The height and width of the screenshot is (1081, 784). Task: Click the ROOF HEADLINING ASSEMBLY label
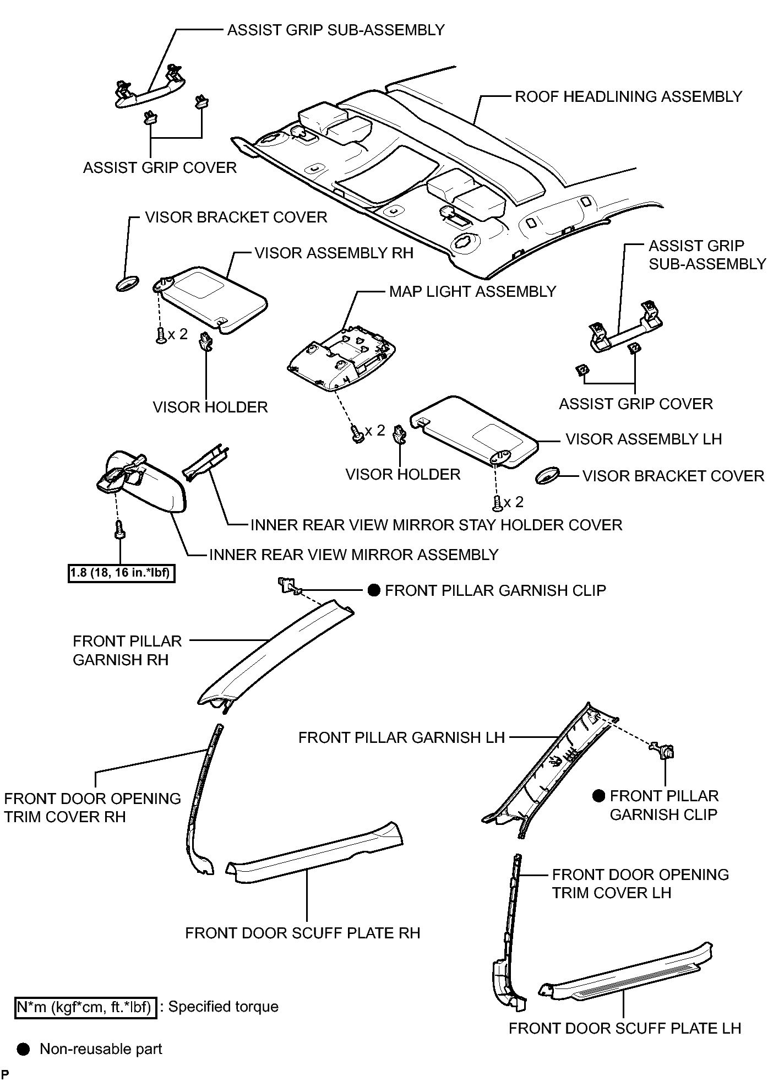pyautogui.click(x=628, y=97)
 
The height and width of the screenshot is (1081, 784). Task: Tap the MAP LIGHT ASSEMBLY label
pyautogui.click(x=472, y=291)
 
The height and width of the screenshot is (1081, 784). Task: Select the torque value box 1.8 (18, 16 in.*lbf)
pyautogui.click(x=122, y=574)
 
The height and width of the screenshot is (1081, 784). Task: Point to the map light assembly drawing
pyautogui.click(x=341, y=358)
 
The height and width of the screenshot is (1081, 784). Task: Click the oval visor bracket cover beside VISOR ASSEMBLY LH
pyautogui.click(x=548, y=475)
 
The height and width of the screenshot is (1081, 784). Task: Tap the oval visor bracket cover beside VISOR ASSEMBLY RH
pyautogui.click(x=128, y=284)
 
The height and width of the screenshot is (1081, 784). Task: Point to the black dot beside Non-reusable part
pyautogui.click(x=23, y=1049)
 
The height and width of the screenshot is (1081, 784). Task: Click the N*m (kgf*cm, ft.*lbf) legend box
pyautogui.click(x=86, y=1007)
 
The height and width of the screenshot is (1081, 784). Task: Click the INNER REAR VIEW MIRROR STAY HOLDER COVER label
pyautogui.click(x=436, y=525)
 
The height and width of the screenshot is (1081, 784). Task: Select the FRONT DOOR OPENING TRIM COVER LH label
pyautogui.click(x=640, y=884)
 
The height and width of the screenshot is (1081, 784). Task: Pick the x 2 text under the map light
pyautogui.click(x=374, y=431)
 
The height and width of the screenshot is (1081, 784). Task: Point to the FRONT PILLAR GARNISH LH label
pyautogui.click(x=401, y=737)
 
